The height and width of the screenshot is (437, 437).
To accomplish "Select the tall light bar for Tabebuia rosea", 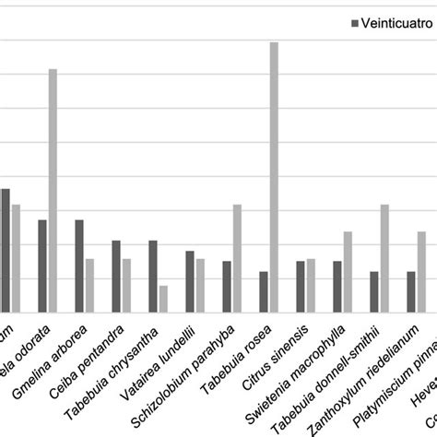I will [274, 175].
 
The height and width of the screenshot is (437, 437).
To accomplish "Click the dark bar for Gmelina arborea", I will [79, 265].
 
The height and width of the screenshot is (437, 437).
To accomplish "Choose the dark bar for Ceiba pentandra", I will [116, 275].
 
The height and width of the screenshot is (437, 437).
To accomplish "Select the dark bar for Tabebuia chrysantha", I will [153, 275].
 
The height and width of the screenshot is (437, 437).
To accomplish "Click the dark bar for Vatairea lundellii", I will [190, 280].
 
